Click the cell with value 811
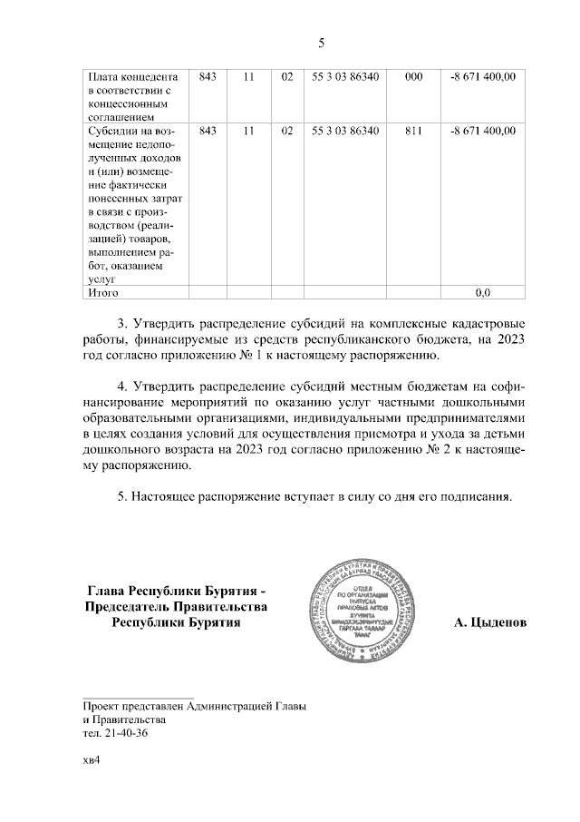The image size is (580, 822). tap(413, 131)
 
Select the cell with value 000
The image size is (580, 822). tap(413, 77)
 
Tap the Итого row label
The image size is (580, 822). tap(101, 293)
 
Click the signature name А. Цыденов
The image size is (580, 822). tap(489, 623)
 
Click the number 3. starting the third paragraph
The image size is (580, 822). tap(123, 324)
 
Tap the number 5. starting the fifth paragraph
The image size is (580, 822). tap(123, 496)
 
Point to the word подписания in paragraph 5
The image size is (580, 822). tap(473, 496)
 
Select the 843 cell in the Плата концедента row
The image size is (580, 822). tap(207, 77)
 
